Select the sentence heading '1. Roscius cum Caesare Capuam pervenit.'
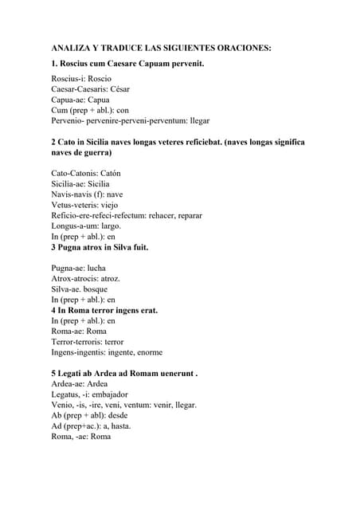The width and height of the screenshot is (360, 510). coord(127,63)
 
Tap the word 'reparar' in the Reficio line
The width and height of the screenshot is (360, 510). coord(187,215)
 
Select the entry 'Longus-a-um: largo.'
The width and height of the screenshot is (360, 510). coord(86,226)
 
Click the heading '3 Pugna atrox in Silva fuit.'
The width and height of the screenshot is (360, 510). coord(100,247)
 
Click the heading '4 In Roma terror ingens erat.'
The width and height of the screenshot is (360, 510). coord(104,310)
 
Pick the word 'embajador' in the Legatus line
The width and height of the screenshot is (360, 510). coord(110,394)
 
